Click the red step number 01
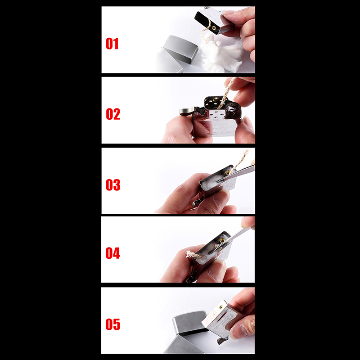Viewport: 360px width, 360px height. pos(112,44)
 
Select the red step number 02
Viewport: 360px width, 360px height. pos(113,114)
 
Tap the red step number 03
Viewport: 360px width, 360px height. pos(113,185)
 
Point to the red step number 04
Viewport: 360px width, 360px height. pos(113,253)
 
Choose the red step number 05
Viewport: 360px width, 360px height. pos(113,324)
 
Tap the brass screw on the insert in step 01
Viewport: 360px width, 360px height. pos(214,28)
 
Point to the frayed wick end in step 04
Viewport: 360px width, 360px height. pos(193,254)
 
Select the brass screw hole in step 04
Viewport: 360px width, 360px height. pos(222,240)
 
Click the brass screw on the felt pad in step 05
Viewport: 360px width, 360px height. pos(220,307)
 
